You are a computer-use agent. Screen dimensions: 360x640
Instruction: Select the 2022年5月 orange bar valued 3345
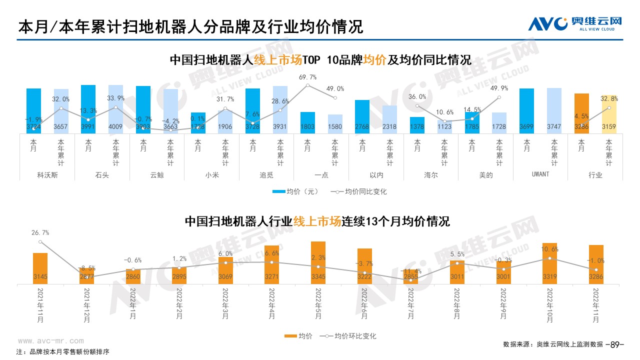coord(318,262)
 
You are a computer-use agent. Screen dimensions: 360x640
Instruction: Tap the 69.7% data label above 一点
coord(307,77)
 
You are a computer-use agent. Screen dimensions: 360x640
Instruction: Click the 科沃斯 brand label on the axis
coord(47,175)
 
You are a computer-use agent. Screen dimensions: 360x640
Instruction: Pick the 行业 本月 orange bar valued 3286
coord(581,113)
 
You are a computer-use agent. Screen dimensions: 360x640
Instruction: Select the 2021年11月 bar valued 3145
coord(40,268)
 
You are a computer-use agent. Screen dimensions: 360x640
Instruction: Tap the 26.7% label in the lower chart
coord(40,232)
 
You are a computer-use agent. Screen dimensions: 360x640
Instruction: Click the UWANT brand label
coord(540,174)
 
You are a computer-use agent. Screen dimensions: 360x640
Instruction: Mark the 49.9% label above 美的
coord(499,88)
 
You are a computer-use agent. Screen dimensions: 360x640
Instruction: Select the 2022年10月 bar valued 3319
coord(550,263)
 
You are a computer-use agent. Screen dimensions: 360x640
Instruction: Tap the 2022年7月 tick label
coord(411,305)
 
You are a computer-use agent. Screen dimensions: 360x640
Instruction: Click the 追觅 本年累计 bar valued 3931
coord(280,109)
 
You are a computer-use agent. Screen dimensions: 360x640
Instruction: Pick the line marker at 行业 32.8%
coord(609,107)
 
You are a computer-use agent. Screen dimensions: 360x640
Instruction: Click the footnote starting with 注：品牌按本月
coord(62,351)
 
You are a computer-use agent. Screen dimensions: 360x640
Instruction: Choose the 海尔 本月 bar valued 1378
coord(417,125)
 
